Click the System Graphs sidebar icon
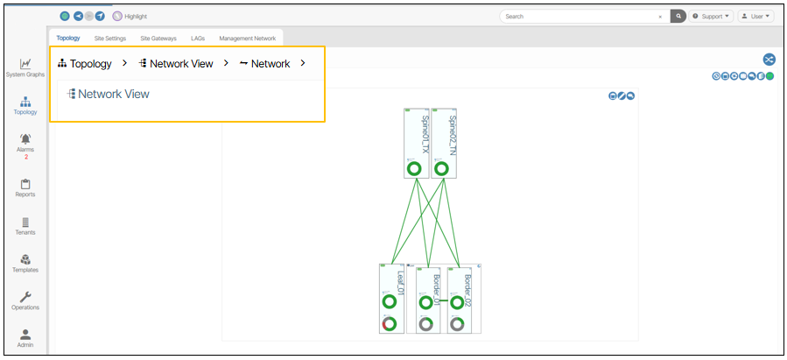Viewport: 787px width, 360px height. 25,65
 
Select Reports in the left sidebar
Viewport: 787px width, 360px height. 25,186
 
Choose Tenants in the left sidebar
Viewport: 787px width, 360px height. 25,224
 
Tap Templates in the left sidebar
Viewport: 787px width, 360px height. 25,262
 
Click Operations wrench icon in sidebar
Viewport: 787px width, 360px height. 25,300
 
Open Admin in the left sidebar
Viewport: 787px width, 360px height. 25,336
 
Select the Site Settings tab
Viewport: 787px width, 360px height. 110,39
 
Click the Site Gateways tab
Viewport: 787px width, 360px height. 158,39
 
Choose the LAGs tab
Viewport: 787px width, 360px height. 198,39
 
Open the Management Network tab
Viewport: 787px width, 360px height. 247,39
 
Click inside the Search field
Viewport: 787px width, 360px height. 578,17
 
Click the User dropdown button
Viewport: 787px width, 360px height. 755,17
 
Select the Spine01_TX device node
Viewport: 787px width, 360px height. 416,144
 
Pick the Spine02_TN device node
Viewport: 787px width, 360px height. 444,144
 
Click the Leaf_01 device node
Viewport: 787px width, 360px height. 390,298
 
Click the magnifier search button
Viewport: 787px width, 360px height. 678,17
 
